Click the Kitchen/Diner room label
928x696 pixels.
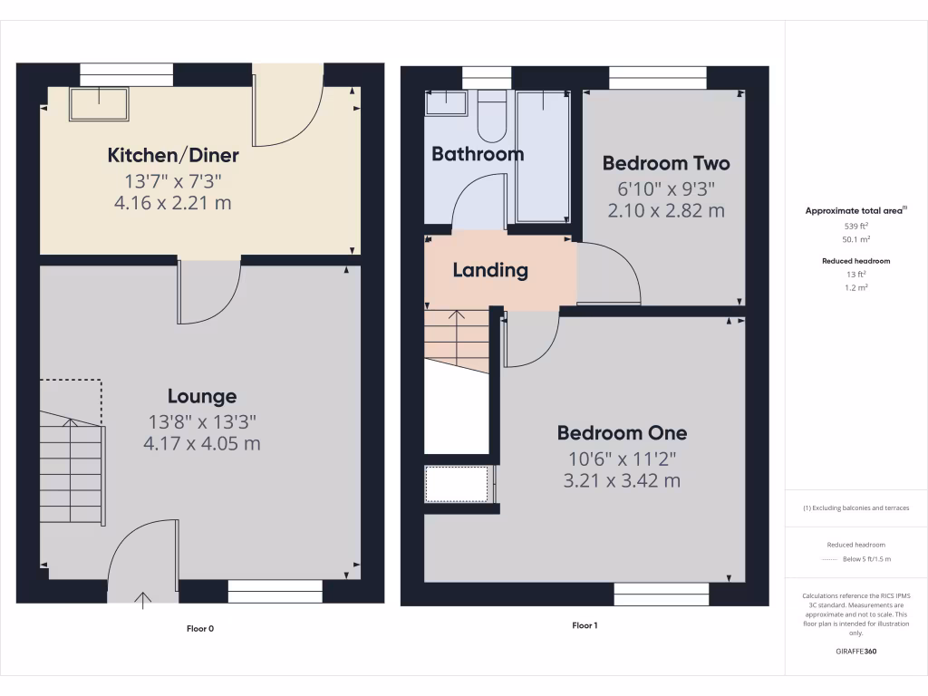173,155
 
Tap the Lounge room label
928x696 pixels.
202,396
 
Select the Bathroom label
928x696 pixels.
478,154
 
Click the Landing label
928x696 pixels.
490,270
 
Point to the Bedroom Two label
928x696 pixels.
666,164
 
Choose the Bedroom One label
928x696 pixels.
622,433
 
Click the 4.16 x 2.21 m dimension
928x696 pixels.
173,203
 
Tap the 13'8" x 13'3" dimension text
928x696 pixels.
202,421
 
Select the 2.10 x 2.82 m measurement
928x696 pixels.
666,211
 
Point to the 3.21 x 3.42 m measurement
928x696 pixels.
622,480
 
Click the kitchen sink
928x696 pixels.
100,104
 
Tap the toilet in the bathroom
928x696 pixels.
492,118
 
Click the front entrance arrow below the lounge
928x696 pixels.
143,597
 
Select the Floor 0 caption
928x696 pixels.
200,628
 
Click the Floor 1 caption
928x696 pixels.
585,625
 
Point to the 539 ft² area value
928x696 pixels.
856,226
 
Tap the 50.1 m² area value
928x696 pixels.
856,239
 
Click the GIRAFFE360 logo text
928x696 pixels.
856,651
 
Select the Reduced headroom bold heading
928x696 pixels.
856,261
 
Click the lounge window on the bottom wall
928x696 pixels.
275,592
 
